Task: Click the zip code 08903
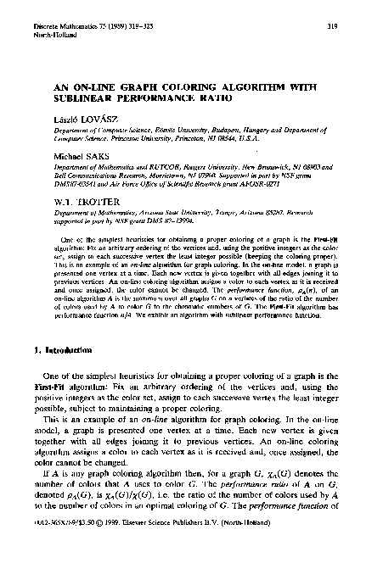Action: (x=313, y=169)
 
